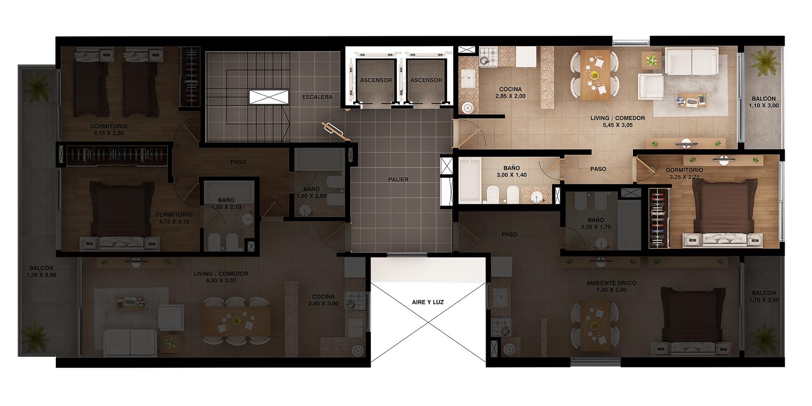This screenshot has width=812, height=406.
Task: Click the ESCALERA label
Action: click(x=317, y=97)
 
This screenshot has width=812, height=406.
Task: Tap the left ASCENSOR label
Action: click(x=376, y=80)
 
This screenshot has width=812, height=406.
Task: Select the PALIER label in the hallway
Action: click(x=398, y=180)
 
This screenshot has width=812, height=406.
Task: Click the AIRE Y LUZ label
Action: click(x=428, y=302)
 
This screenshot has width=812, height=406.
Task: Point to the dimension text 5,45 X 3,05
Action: click(x=617, y=125)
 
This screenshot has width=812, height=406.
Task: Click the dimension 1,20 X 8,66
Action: click(x=41, y=275)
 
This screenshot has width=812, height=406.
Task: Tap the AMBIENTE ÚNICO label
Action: click(x=611, y=283)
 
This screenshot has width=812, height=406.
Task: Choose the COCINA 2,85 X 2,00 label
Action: click(x=511, y=92)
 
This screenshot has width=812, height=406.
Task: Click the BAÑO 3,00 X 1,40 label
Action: click(x=512, y=172)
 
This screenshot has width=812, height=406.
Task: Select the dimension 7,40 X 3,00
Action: click(x=611, y=290)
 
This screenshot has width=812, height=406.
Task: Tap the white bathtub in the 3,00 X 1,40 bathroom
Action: click(x=470, y=180)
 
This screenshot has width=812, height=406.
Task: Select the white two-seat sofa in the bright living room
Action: click(x=692, y=61)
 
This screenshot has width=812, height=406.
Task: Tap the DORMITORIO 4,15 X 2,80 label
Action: click(x=109, y=130)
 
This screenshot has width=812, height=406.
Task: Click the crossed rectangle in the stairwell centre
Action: click(x=269, y=97)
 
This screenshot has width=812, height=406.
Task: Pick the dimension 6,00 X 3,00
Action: click(x=221, y=281)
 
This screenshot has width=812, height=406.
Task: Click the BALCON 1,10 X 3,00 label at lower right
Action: click(x=764, y=296)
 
